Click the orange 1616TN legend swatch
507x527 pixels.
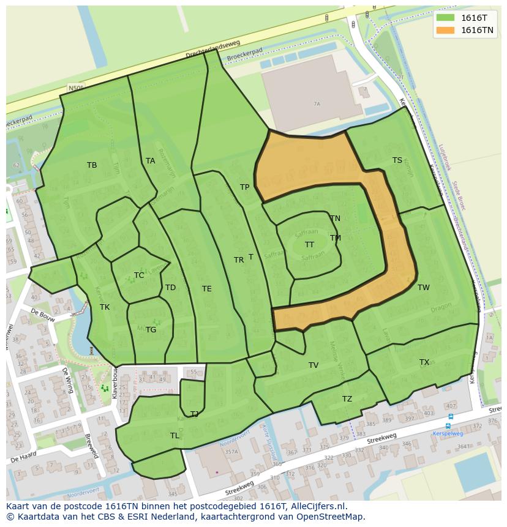pos(445,30)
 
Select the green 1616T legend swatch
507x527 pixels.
pos(445,18)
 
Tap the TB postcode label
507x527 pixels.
pos(92,165)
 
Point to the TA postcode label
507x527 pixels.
pos(151,161)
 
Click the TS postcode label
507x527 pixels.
pos(397,160)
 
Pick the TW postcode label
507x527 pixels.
pos(424,288)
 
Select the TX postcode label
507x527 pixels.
pos(424,362)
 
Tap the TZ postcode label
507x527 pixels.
pos(347,399)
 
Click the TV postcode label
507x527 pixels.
pos(314,365)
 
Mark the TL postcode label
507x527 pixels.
pos(175,436)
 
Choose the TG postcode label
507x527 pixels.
pos(151,330)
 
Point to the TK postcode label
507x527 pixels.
pos(105,307)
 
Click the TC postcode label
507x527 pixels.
pos(139,275)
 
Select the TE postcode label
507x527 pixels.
pos(207,289)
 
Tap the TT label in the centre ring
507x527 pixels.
pos(310,245)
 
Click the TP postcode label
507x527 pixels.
pos(245,187)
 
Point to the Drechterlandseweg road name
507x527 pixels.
pos(214,51)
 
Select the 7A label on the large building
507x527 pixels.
pos(317,104)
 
